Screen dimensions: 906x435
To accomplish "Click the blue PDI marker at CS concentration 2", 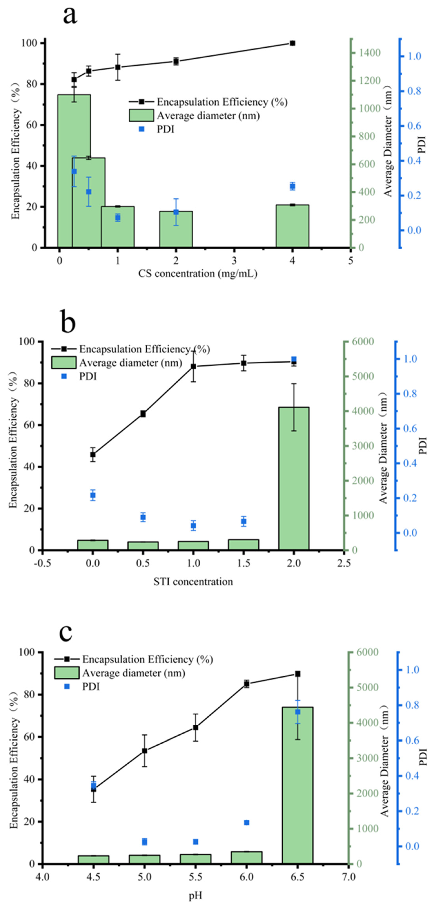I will pos(176,212).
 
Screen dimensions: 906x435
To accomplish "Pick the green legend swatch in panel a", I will pos(141,115).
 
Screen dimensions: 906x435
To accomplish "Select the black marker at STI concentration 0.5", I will pos(143,414).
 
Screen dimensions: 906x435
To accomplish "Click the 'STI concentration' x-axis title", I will pos(193,581).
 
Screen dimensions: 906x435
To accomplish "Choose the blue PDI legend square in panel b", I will pos(64,376).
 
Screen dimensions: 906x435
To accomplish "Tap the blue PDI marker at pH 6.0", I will pos(247,823).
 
